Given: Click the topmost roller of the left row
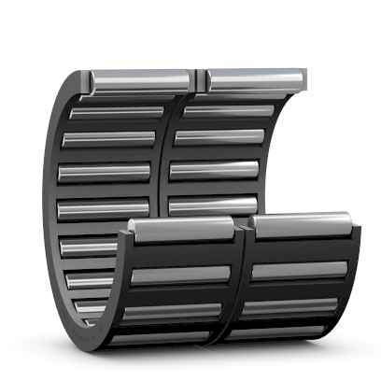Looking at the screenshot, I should click(x=140, y=81).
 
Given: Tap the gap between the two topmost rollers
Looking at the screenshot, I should click(x=200, y=80).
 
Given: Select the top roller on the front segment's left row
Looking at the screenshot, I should click(x=182, y=228).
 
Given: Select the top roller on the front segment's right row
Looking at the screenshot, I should click(x=302, y=225).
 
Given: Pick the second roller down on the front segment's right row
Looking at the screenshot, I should click(x=299, y=270).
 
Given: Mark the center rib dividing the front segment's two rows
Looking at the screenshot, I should click(x=241, y=280).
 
